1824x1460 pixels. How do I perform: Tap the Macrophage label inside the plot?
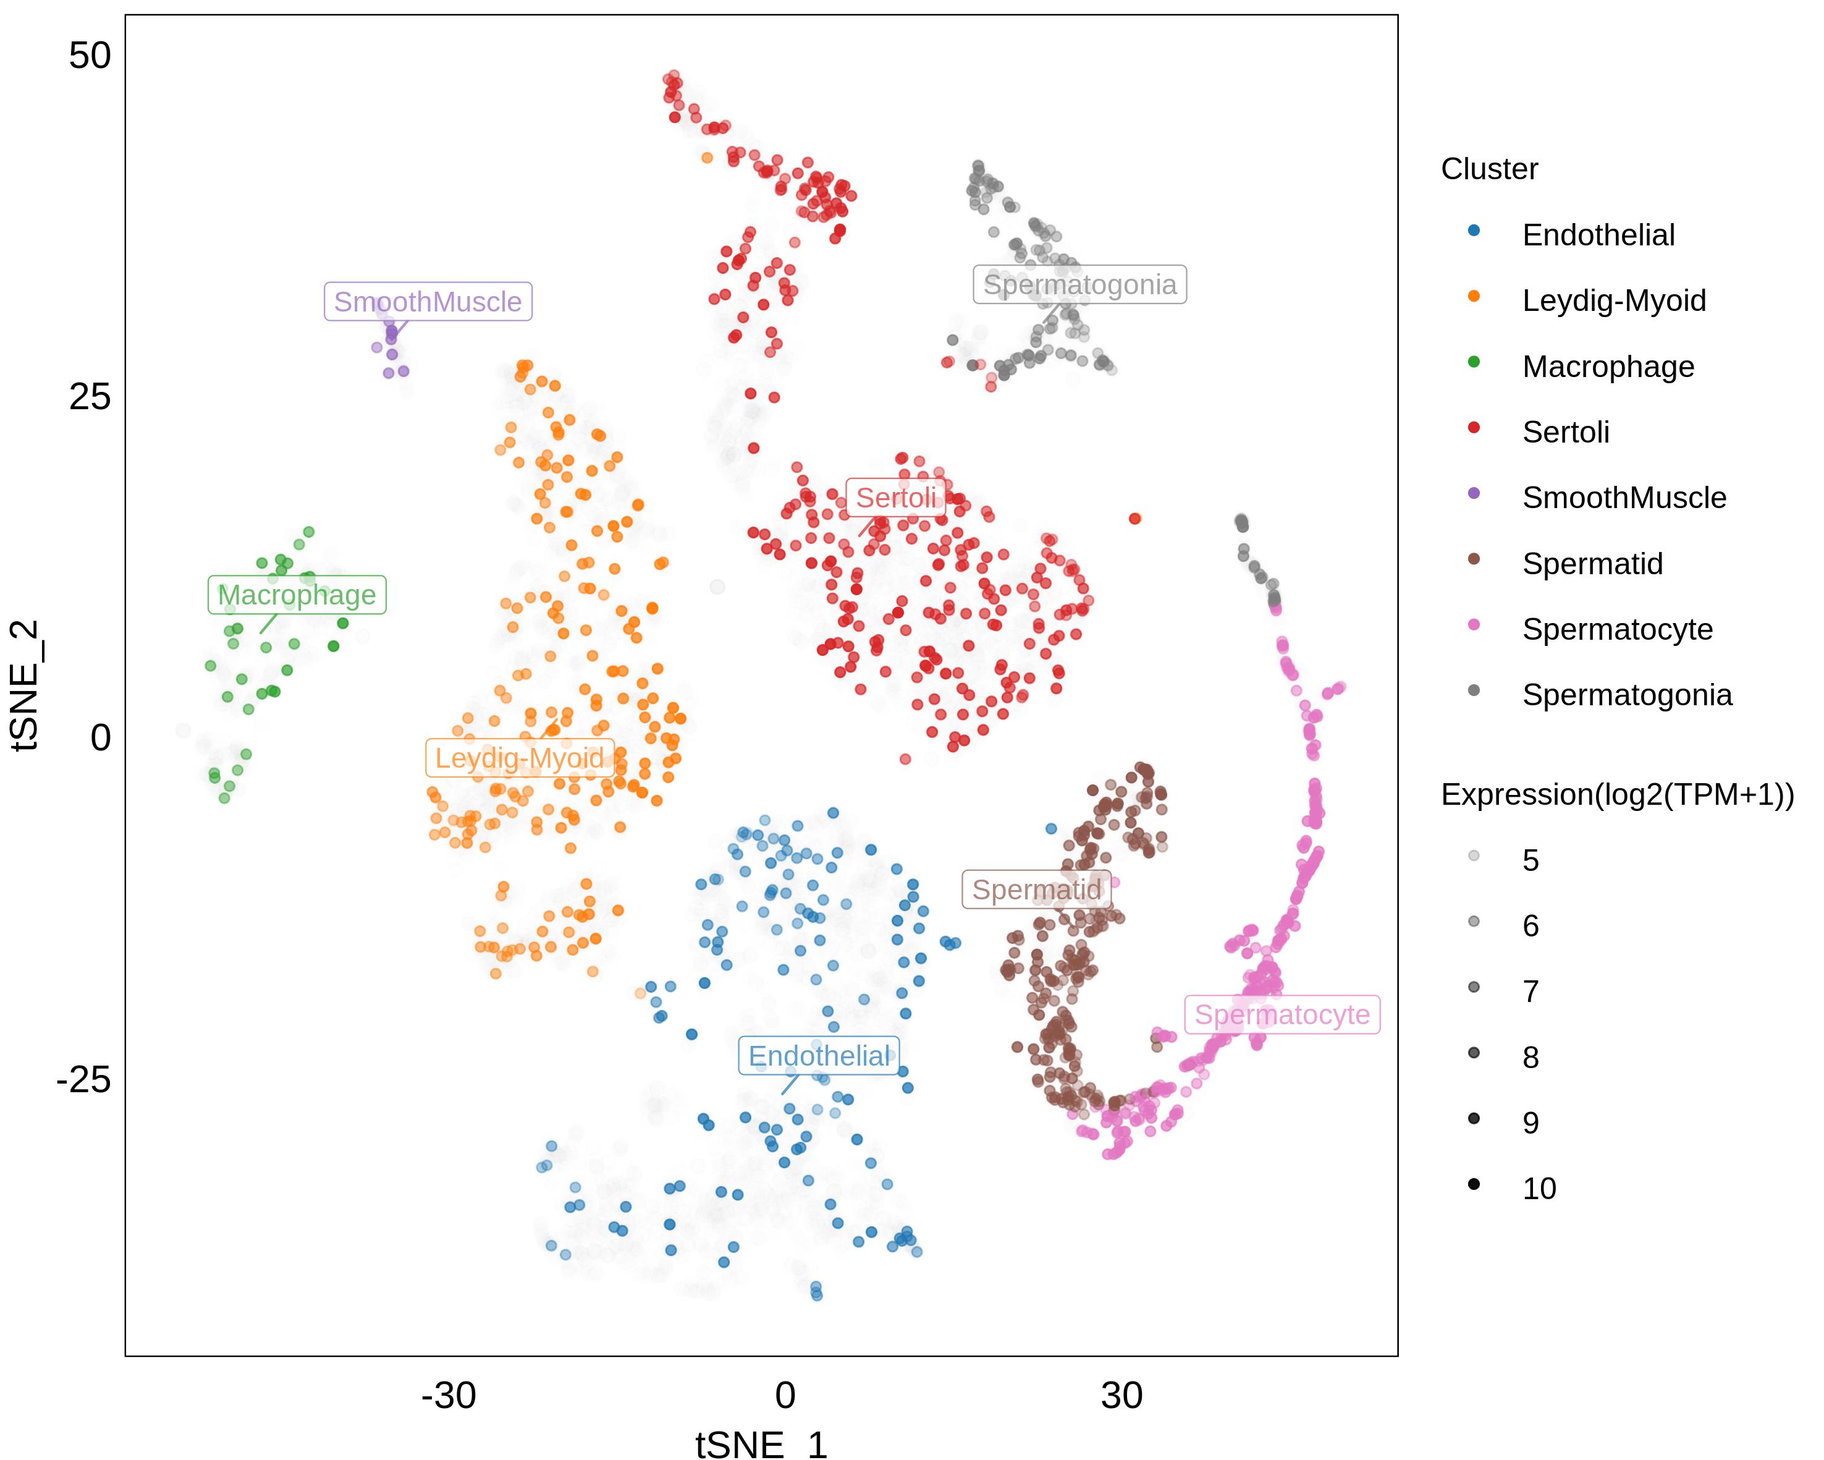(x=297, y=596)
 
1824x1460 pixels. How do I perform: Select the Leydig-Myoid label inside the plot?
(x=520, y=758)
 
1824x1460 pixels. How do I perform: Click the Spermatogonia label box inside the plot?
(x=1079, y=285)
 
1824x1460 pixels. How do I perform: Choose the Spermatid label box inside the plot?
(x=1036, y=889)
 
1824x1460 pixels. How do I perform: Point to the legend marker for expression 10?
(x=1474, y=1185)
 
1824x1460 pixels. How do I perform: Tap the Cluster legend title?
(x=1489, y=169)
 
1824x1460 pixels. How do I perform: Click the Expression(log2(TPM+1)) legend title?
(x=1617, y=795)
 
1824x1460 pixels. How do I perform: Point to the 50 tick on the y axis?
(x=90, y=57)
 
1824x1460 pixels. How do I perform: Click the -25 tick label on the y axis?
(x=84, y=1080)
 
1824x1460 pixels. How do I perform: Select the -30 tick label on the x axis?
(x=449, y=1396)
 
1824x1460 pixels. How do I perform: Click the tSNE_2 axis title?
(x=25, y=685)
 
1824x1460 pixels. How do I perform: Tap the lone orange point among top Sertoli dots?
(x=707, y=158)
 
